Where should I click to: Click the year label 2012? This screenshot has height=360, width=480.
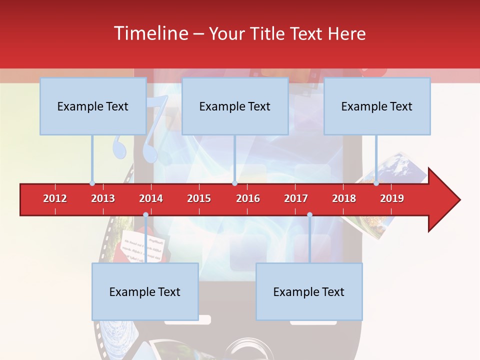pyautogui.click(x=55, y=198)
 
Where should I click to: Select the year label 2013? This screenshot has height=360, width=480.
pyautogui.click(x=103, y=198)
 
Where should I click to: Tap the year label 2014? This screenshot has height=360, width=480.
pyautogui.click(x=151, y=198)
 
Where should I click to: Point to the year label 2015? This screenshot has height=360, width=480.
pyautogui.click(x=199, y=198)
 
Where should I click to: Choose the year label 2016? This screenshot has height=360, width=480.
pyautogui.click(x=248, y=198)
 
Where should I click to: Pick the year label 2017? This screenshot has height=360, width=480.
pyautogui.click(x=296, y=198)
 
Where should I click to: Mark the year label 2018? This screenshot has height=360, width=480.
pyautogui.click(x=344, y=198)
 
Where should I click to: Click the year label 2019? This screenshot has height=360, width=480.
pyautogui.click(x=392, y=198)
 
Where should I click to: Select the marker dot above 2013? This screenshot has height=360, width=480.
pyautogui.click(x=92, y=183)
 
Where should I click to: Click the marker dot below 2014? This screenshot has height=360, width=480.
pyautogui.click(x=145, y=215)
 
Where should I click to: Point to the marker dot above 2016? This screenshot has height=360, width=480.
pyautogui.click(x=234, y=183)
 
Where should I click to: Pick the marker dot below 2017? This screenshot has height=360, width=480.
pyautogui.click(x=309, y=215)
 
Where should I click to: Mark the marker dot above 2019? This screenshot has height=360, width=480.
pyautogui.click(x=376, y=183)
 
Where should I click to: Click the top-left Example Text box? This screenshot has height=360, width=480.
pyautogui.click(x=93, y=106)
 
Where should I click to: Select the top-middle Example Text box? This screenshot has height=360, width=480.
pyautogui.click(x=235, y=106)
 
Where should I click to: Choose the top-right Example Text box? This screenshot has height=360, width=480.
pyautogui.click(x=377, y=106)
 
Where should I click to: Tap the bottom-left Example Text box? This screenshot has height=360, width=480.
pyautogui.click(x=145, y=291)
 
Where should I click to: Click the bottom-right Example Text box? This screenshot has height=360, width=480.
pyautogui.click(x=309, y=291)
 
